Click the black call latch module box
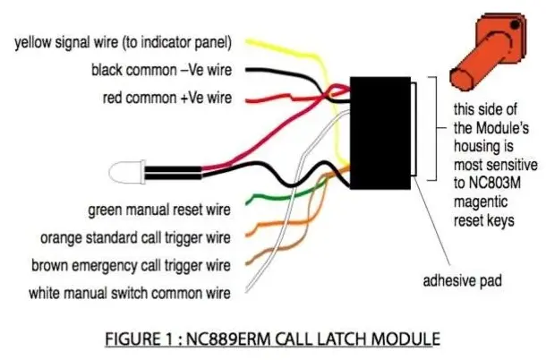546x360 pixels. tap(380, 133)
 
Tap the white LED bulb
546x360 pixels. tap(127, 172)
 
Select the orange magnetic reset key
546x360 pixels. tap(488, 51)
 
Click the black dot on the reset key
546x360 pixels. tap(516, 25)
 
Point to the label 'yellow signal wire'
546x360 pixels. tap(66, 42)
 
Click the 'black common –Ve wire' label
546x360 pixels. tap(162, 70)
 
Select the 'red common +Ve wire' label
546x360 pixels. tap(167, 98)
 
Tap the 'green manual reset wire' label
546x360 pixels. tap(159, 210)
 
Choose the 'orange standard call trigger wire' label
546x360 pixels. tap(135, 238)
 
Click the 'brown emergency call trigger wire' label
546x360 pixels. tap(131, 266)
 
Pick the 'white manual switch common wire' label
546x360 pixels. tap(130, 293)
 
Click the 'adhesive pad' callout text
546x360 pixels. tap(463, 280)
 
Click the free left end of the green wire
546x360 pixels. tap(247, 202)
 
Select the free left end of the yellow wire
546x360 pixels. tap(247, 41)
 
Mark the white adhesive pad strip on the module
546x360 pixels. tap(414, 129)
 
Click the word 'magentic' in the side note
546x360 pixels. tap(481, 202)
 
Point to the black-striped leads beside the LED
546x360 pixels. tap(173, 173)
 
